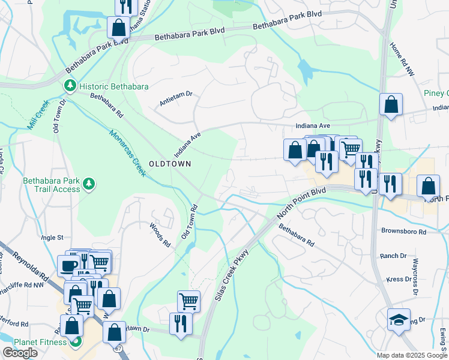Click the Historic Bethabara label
(113, 87)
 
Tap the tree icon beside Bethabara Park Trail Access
(89, 183)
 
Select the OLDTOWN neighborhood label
(170, 164)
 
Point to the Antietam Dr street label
(175, 94)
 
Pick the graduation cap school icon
(398, 321)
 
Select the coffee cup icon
(68, 266)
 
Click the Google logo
(20, 353)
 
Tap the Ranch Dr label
(393, 256)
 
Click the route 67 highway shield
(118, 347)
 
